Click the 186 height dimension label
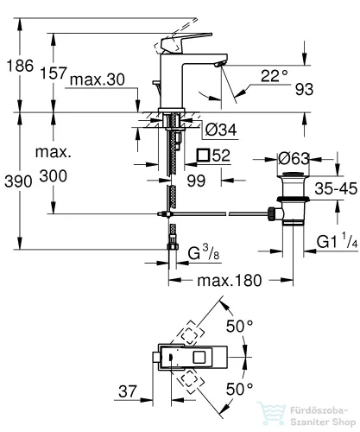pos(20,66)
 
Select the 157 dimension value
pos(54,73)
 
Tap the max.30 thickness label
pos(98,79)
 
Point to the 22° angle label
pos(275,76)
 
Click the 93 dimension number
pos(304,89)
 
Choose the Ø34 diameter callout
pos(221,130)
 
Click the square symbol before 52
pos(204,156)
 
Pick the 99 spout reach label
pos(196,181)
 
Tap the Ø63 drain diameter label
pos(294,158)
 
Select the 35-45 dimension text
pos(336,188)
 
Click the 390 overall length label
pos(18,181)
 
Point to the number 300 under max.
pos(54,175)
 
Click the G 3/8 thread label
pos(204,252)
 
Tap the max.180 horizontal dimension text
pos(230,280)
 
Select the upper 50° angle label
pos(239,327)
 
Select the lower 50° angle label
pos(239,390)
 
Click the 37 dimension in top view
pos(128,391)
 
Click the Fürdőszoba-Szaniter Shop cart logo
pos(271,413)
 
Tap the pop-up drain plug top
pos(293,175)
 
